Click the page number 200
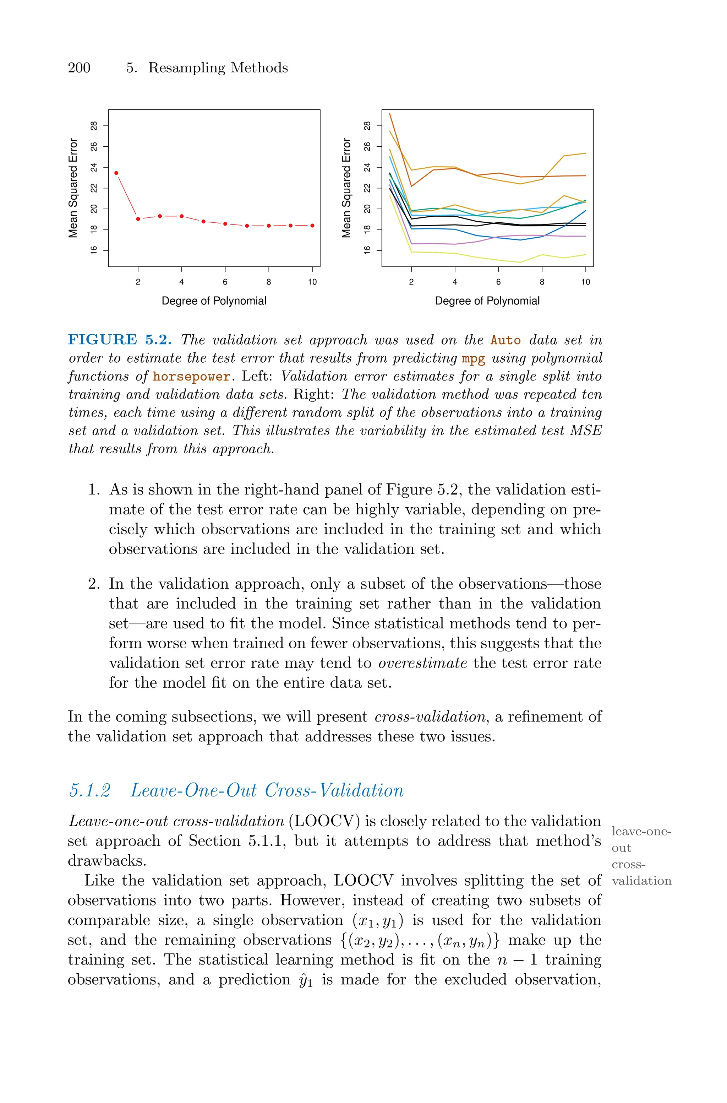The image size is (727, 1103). (x=79, y=68)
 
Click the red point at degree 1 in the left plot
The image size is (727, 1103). (x=116, y=173)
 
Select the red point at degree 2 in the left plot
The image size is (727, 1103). (x=138, y=219)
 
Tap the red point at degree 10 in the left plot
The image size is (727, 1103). (x=312, y=226)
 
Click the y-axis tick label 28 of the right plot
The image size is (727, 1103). (x=367, y=126)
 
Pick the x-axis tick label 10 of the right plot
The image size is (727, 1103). (x=586, y=282)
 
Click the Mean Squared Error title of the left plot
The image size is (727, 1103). (x=73, y=188)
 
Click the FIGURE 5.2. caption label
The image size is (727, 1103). (x=120, y=340)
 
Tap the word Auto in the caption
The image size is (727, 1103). (x=505, y=340)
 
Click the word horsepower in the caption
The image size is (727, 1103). (x=191, y=376)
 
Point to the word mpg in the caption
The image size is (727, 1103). (x=474, y=358)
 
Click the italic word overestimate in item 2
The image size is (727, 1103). (x=422, y=663)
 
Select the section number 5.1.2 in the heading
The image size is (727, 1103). (x=90, y=790)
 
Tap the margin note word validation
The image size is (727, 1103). (x=641, y=881)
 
